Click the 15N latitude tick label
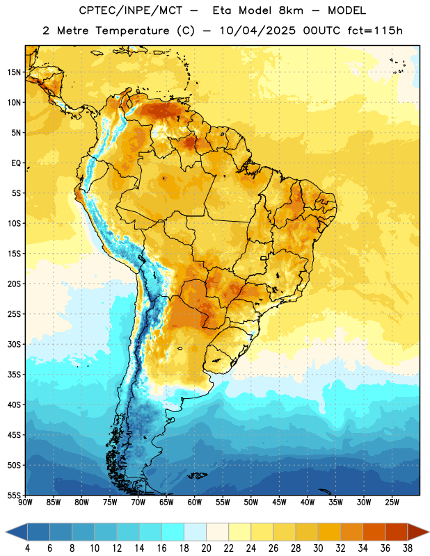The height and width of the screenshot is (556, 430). point(14,72)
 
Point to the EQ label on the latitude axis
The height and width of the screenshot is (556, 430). point(16,163)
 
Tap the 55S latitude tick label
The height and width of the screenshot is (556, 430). point(14,495)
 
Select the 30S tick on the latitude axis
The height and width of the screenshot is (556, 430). point(14,344)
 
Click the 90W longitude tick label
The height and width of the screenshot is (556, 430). point(25,502)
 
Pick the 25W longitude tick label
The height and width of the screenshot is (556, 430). point(392,502)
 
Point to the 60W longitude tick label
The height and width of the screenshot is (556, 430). point(195,502)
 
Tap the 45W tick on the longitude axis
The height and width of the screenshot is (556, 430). point(280,502)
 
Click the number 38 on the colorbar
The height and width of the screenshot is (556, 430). point(408,548)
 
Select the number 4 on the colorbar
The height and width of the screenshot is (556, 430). point(27,548)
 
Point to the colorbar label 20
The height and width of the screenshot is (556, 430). point(206,548)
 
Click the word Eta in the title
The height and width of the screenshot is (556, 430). point(222,10)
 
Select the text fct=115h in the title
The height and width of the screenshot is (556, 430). point(375,31)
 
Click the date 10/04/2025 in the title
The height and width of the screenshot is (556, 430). point(257,31)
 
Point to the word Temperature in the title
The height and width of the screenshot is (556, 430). point(132,31)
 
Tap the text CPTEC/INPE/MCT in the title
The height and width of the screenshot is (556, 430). point(131,10)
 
